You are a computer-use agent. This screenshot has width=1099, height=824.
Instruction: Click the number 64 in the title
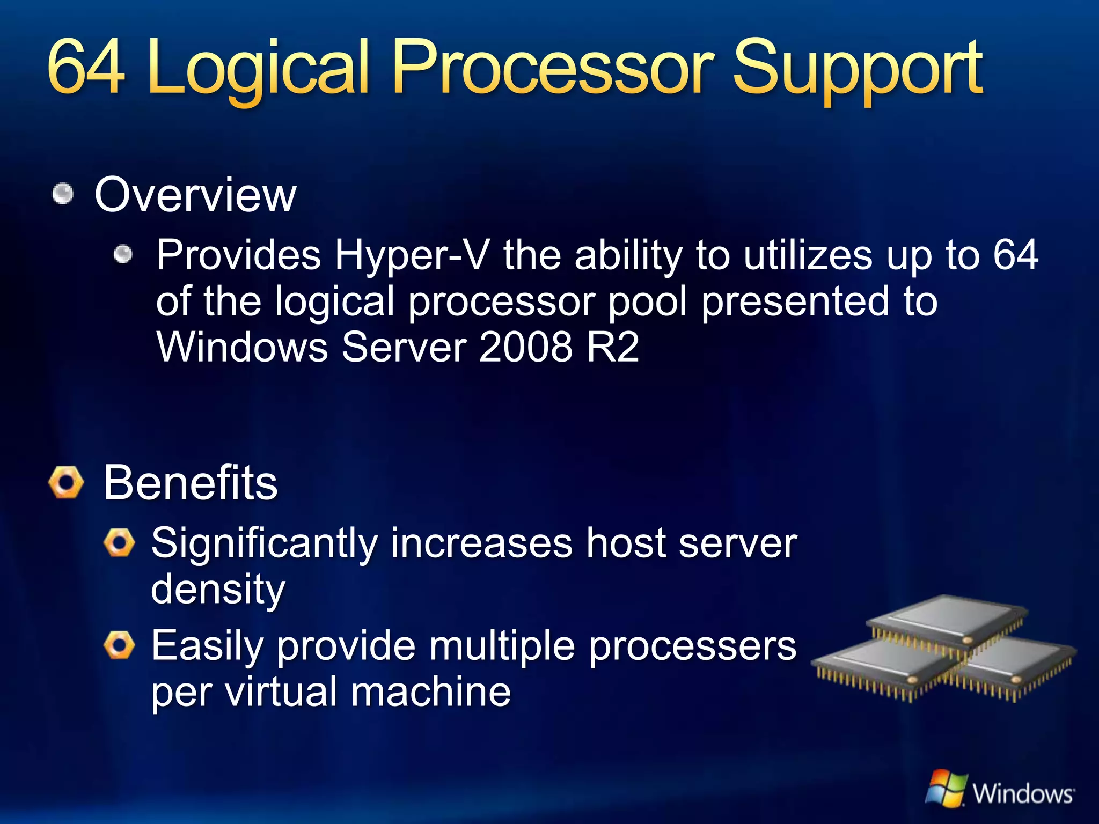(x=86, y=69)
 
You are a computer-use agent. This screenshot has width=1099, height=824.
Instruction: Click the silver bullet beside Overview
(x=63, y=194)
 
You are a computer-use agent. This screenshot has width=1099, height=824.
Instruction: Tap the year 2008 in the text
(x=525, y=347)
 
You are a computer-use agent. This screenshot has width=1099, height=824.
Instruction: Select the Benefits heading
(x=191, y=483)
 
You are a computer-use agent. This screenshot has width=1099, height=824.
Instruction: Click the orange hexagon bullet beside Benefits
(x=66, y=482)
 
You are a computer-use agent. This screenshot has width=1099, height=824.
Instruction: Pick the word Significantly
(x=264, y=544)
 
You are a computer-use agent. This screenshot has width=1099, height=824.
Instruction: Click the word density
(x=218, y=589)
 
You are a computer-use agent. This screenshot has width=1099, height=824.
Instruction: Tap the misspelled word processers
(x=692, y=646)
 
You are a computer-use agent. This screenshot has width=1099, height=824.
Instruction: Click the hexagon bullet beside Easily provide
(x=119, y=645)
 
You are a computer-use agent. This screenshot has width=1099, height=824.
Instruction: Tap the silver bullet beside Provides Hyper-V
(x=123, y=255)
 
